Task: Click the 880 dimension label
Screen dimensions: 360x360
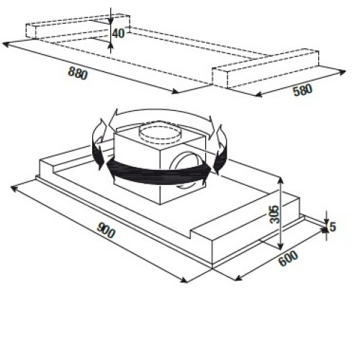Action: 78,73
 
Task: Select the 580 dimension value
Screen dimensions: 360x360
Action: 303,90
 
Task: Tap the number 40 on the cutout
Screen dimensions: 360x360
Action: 118,33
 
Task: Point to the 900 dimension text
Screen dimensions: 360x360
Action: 106,230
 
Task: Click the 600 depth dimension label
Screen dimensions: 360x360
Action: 288,258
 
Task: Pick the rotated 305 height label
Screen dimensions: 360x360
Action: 275,215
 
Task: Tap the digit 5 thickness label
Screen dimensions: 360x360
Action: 333,227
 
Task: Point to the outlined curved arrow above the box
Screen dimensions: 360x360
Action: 161,113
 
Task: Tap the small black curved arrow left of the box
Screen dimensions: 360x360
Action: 99,146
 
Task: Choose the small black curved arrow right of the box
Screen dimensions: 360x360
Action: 221,149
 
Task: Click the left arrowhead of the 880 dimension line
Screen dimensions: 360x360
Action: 5,44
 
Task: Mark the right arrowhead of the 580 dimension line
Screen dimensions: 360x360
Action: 343,72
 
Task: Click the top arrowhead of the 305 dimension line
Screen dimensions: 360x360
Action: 280,180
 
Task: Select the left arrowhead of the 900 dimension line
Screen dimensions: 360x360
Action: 14,188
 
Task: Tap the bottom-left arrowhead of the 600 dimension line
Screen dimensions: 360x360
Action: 238,279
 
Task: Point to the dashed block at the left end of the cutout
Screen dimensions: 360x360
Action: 78,27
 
